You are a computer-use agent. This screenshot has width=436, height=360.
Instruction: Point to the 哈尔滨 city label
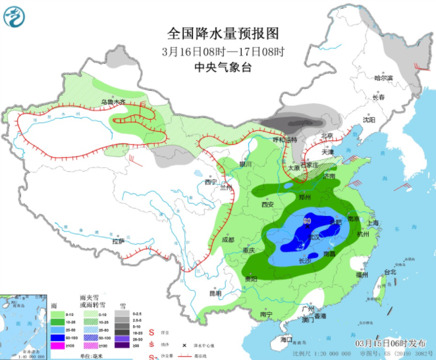click(383, 78)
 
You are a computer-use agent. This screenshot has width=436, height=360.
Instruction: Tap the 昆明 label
click(215, 292)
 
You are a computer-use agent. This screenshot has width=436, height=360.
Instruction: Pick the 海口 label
click(286, 339)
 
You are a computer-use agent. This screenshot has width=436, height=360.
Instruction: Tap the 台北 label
click(390, 272)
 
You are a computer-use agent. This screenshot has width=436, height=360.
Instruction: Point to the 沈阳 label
click(369, 120)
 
